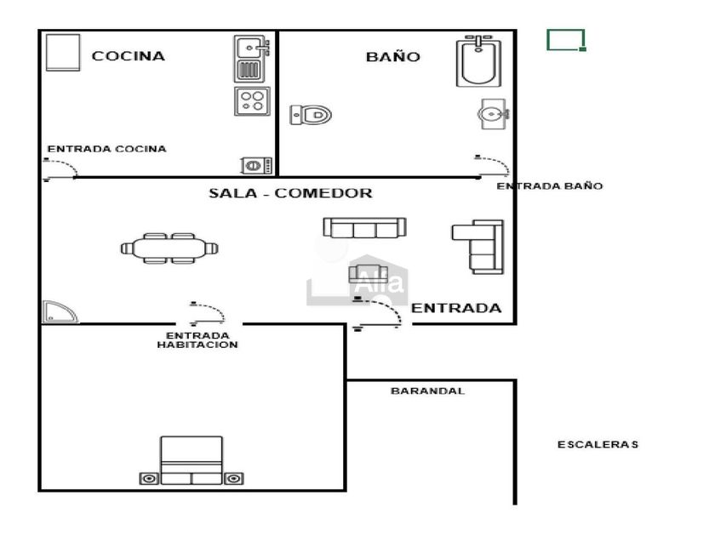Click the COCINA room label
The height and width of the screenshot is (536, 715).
[x=129, y=56]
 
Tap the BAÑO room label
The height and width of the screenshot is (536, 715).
[x=392, y=56]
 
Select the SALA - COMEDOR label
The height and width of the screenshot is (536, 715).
[x=290, y=193]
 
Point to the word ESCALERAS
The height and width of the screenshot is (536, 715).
[x=598, y=444]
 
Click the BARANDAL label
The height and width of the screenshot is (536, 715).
[x=427, y=391]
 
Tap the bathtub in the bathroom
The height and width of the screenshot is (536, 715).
[x=478, y=60]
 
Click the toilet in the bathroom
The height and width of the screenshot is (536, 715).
[x=311, y=115]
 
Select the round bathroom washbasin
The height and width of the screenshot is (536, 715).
[x=494, y=114]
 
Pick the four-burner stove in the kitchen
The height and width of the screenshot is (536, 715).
[x=252, y=101]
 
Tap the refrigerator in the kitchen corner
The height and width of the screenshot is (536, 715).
[x=63, y=53]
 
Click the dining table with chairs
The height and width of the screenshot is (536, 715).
[x=169, y=248]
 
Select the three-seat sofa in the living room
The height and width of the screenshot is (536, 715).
[x=365, y=228]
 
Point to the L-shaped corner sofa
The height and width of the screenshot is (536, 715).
[x=478, y=247]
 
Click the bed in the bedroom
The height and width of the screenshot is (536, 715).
[x=192, y=460]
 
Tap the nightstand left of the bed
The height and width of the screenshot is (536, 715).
[x=149, y=478]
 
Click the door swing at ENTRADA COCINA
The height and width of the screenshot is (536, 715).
[x=60, y=169]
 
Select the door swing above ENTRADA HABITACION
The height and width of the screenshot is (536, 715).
[x=208, y=314]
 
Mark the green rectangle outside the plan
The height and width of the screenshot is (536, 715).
[x=566, y=40]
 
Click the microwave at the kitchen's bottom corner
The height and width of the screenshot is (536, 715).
[x=257, y=165]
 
